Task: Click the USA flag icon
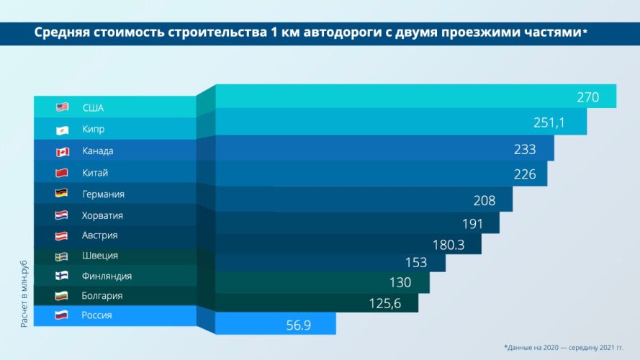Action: (62, 107)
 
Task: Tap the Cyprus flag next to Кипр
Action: (62, 130)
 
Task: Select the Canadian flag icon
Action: (63, 152)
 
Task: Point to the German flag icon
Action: (62, 193)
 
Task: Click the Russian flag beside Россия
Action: (61, 315)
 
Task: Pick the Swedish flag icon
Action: (61, 256)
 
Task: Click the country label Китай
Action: (95, 173)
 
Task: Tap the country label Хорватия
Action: (102, 215)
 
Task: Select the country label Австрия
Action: (99, 235)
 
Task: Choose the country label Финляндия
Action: (107, 276)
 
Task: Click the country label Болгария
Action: (102, 296)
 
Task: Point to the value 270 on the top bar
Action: (587, 97)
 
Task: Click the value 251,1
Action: (549, 122)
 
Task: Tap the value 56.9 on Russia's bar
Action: (298, 325)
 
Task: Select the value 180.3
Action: (449, 245)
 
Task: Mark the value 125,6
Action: (385, 304)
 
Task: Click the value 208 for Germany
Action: (484, 201)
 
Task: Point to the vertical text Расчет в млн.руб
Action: (24, 294)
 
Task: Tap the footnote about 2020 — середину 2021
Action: (564, 347)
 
